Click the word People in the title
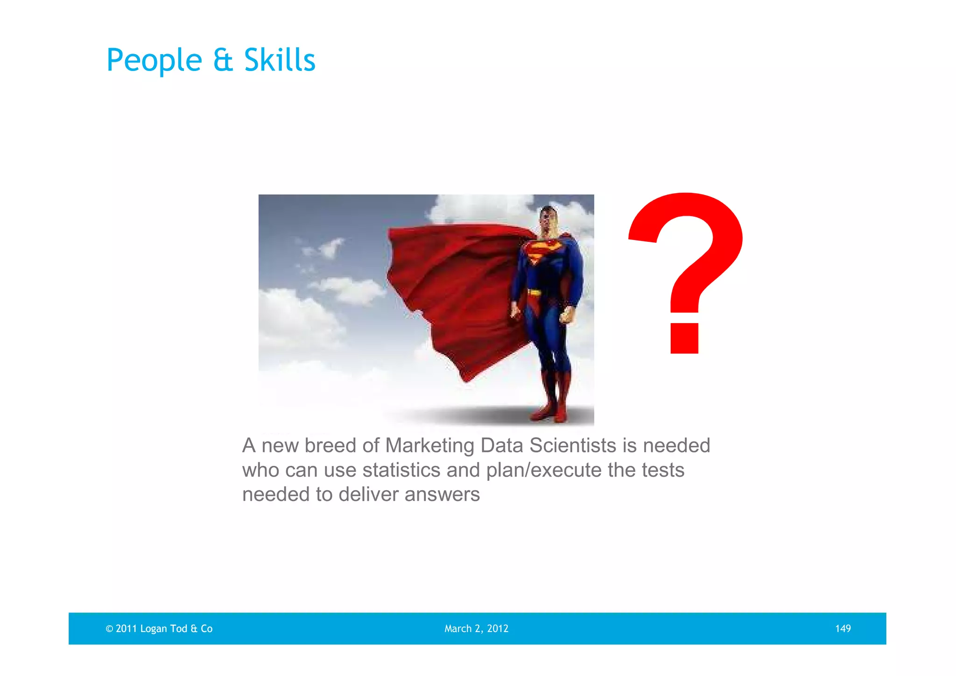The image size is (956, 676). tap(154, 61)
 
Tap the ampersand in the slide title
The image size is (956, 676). tap(223, 61)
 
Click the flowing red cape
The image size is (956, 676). tap(453, 289)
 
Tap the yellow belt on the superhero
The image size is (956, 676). tap(535, 293)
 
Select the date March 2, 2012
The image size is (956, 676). tap(476, 629)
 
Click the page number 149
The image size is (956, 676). tap(843, 629)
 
